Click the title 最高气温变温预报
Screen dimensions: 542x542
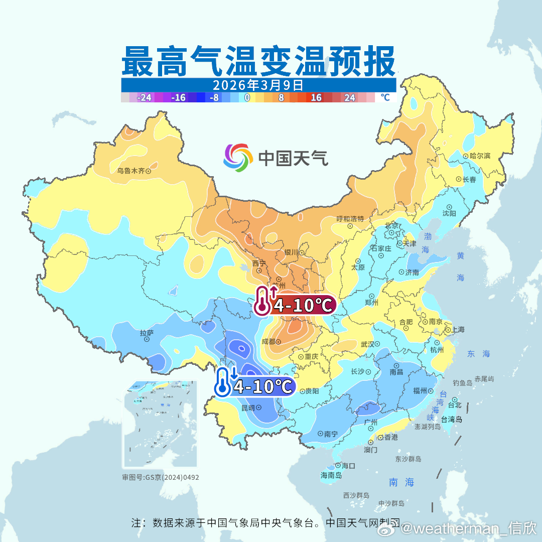tap(258, 61)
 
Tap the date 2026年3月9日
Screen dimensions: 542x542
tap(258, 84)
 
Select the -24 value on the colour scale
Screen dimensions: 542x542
tap(145, 97)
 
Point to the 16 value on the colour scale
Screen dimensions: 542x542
tap(316, 97)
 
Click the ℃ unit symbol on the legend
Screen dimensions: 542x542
tap(385, 97)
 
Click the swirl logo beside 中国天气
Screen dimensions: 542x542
tap(238, 158)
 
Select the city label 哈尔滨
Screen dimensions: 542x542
tap(480, 156)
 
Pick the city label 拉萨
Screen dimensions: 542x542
tap(147, 332)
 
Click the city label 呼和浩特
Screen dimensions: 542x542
tap(350, 219)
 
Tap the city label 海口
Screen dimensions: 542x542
tap(348, 466)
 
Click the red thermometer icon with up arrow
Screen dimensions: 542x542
tap(263, 301)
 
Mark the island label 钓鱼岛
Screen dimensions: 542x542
tap(462, 383)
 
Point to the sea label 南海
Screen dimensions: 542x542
tap(402, 482)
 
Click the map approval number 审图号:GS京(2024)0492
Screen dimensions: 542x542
tap(161, 477)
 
